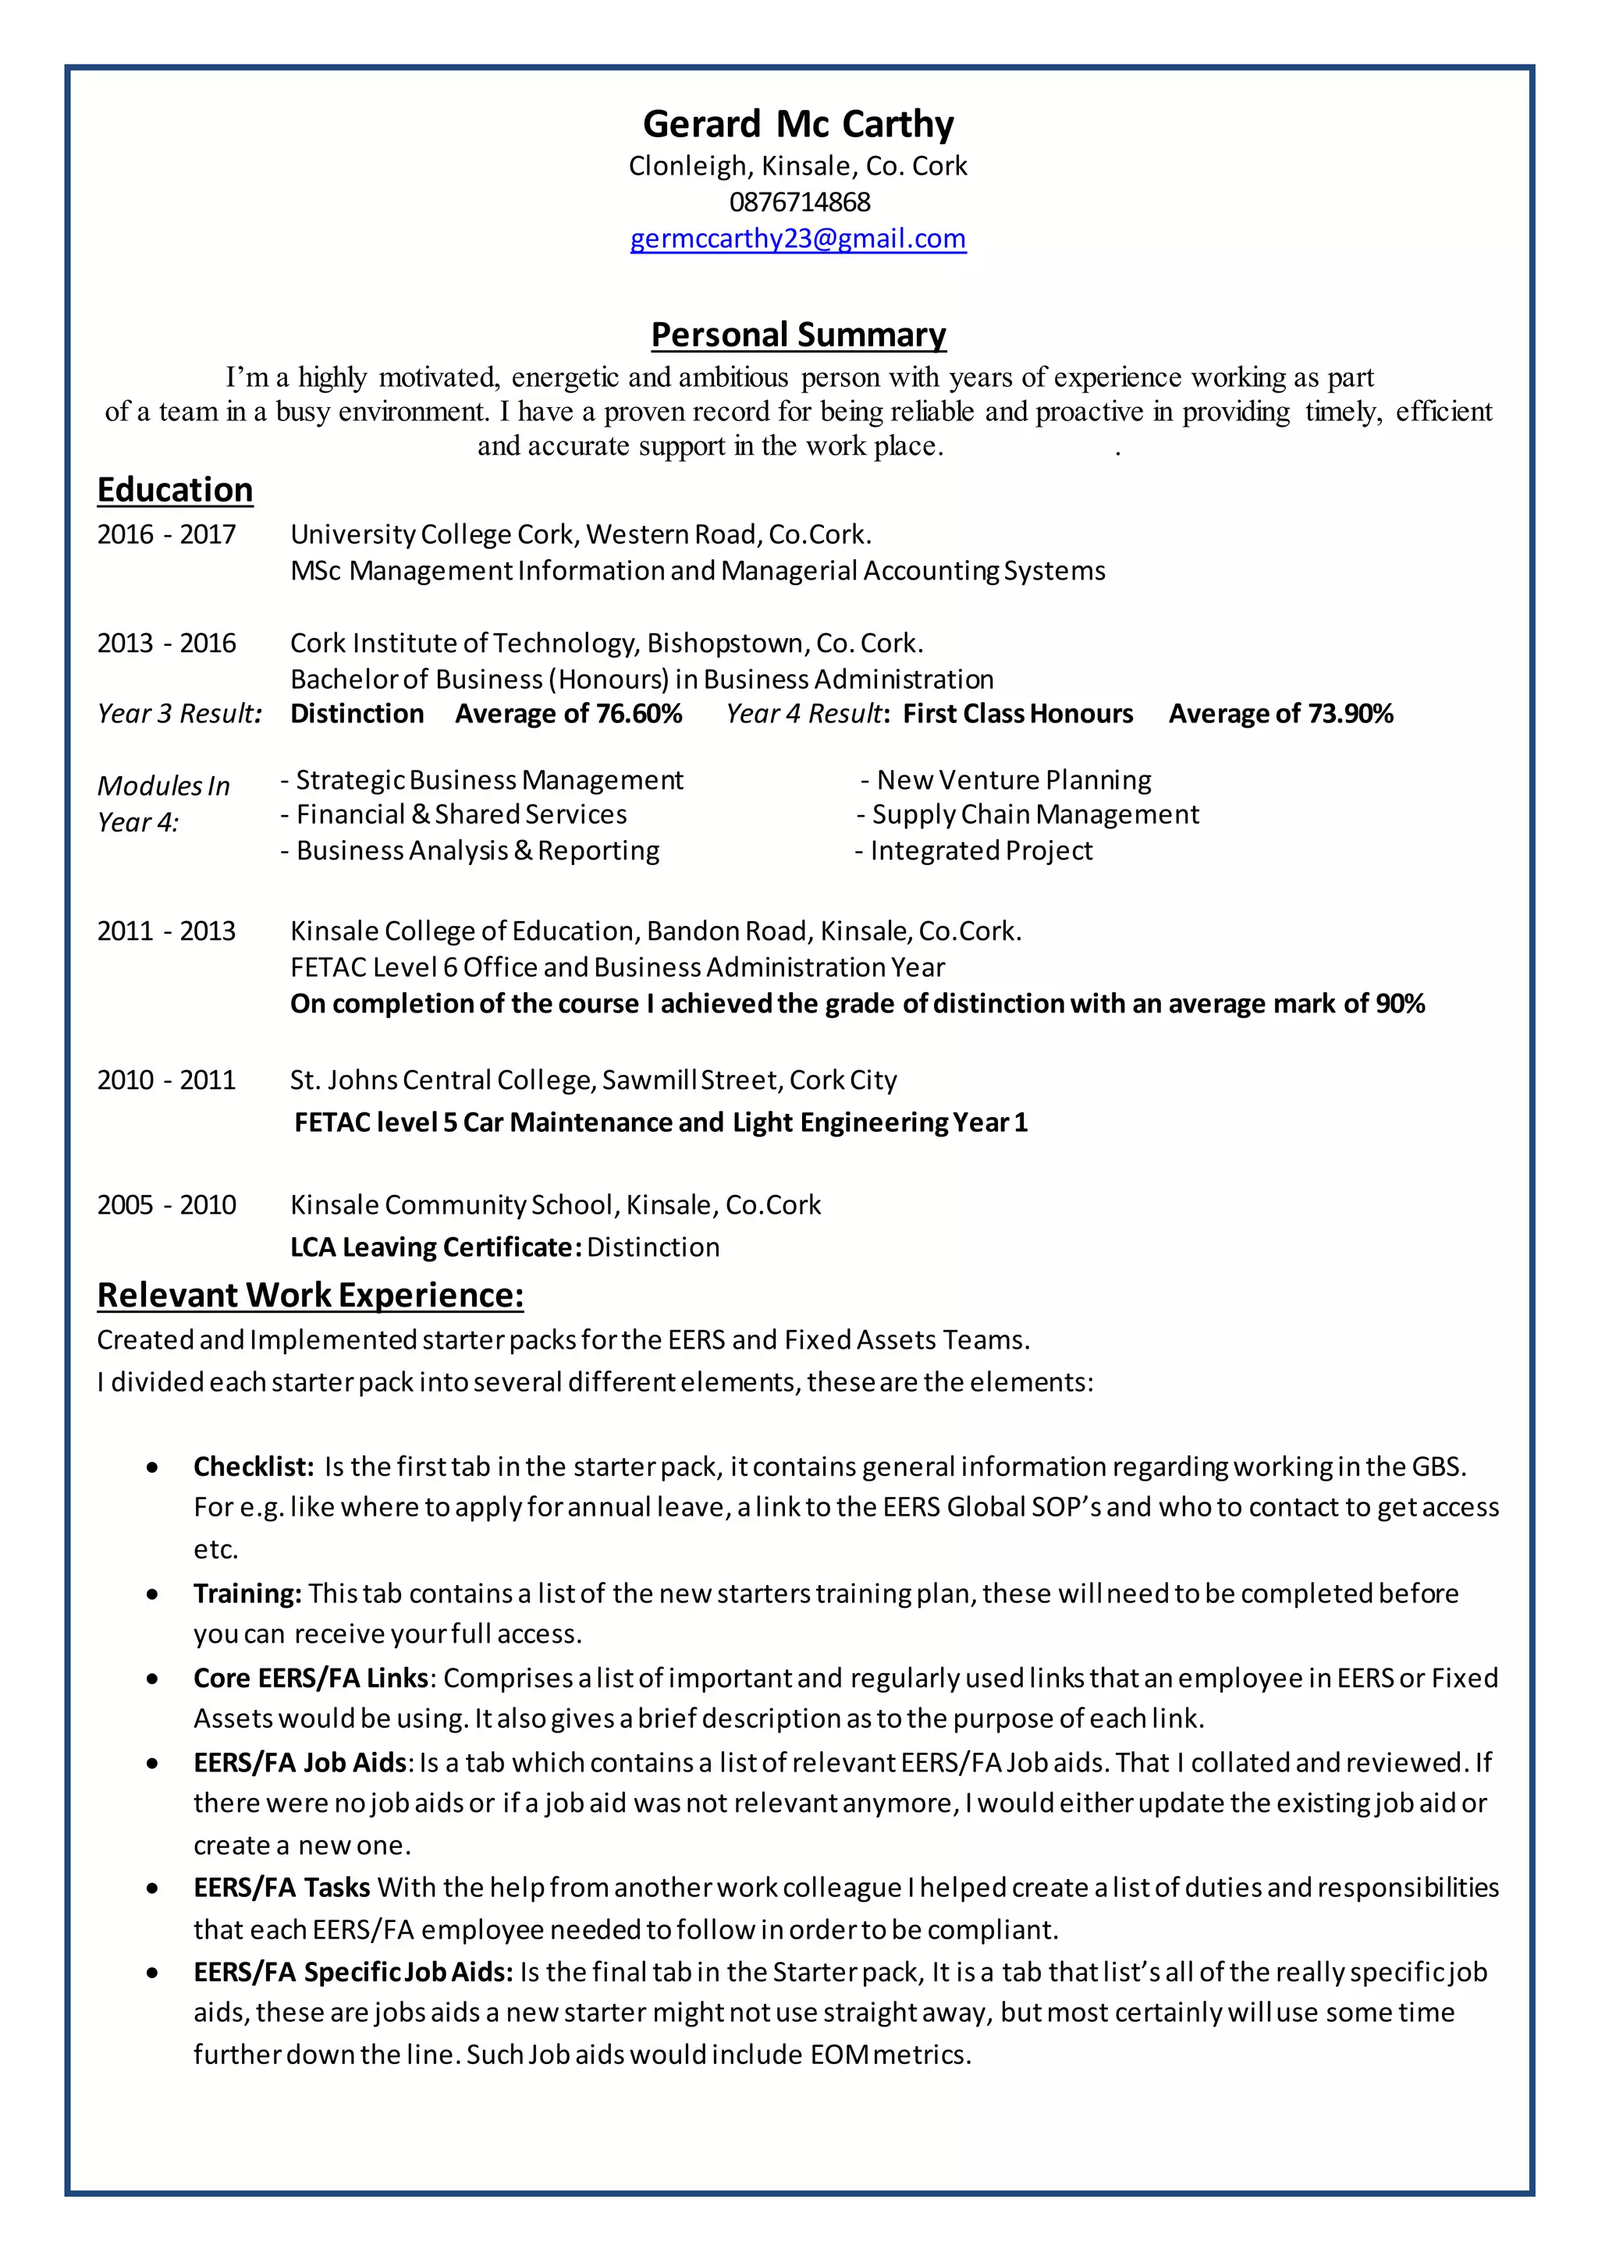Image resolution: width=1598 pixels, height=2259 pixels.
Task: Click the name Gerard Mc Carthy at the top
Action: pos(798,125)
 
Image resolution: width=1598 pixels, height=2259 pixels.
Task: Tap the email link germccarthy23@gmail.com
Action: pos(798,239)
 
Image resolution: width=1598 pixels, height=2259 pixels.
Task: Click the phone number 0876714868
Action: pos(799,203)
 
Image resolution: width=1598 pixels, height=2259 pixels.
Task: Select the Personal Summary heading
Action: pos(798,335)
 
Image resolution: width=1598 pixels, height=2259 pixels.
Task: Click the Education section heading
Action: pos(175,490)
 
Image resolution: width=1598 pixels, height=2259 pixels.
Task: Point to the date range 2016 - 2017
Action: pos(166,534)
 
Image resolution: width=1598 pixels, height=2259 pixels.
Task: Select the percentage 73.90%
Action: pos(1350,715)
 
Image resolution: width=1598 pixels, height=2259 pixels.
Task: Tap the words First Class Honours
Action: pos(1017,715)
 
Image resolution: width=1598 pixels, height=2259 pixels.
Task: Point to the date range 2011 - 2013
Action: pos(166,931)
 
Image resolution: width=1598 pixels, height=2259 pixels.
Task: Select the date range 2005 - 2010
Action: pos(166,1205)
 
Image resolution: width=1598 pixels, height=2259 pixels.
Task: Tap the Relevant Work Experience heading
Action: pos(310,1296)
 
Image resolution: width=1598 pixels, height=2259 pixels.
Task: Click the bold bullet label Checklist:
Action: pos(253,1467)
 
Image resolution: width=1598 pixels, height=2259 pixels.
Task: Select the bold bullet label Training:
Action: pos(247,1594)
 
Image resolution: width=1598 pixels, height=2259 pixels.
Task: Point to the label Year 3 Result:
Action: pos(179,715)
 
